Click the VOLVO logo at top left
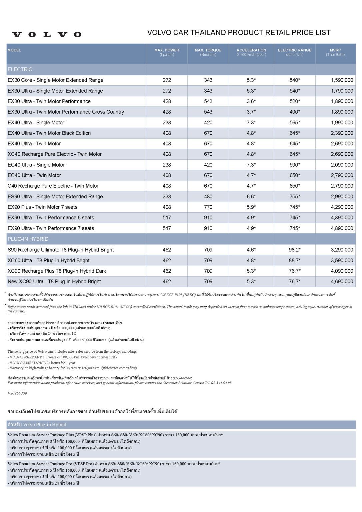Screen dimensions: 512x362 pos(47,34)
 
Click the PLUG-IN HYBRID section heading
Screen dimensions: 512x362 pos(28,239)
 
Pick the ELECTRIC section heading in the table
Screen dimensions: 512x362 pos(20,69)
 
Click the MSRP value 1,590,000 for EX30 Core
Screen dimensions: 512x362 pos(342,80)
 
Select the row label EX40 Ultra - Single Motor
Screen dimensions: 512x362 pos(36,122)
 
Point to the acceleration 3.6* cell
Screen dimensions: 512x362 pos(251,101)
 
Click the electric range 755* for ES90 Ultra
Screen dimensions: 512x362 pos(295,196)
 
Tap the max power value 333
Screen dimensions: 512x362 pos(167,196)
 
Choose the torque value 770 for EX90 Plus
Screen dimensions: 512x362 pos(208,207)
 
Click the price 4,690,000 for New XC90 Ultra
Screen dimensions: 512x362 pos(342,281)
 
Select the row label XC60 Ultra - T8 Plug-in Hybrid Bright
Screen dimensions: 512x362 pos(49,260)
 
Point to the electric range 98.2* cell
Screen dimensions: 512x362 pos(295,250)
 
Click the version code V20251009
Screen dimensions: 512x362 pos(17,393)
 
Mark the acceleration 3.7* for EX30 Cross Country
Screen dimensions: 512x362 pos(251,112)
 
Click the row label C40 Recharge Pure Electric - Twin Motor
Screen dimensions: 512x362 pos(53,186)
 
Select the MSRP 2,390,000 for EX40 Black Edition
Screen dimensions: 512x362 pos(342,133)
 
